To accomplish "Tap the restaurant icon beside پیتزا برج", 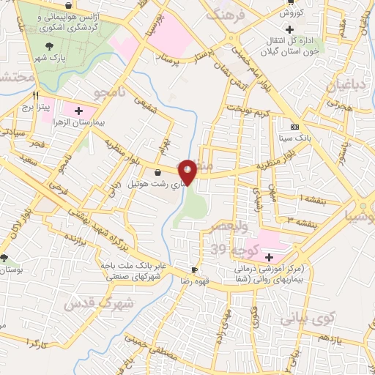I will point(35,95).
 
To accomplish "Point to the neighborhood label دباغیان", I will point(338,86).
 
